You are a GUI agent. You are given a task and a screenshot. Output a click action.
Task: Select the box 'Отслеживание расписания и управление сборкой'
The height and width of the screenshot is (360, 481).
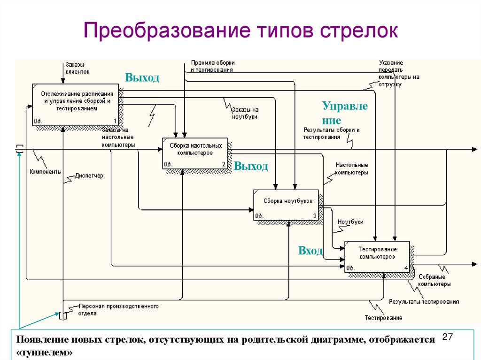[x=75, y=105]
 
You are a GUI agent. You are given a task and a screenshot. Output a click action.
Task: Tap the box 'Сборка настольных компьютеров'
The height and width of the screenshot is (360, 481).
[x=194, y=153]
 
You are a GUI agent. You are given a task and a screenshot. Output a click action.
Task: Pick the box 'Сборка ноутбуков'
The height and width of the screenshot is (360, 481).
[x=286, y=205]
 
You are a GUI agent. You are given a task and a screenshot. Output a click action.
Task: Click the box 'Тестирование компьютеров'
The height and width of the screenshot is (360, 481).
[x=377, y=256]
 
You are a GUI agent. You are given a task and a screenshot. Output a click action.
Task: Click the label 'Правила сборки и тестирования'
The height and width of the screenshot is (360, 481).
[x=212, y=66]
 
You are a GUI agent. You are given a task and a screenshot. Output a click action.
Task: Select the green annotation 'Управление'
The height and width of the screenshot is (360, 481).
[x=345, y=113]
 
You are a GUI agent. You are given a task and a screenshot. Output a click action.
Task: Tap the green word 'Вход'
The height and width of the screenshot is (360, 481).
[x=310, y=251]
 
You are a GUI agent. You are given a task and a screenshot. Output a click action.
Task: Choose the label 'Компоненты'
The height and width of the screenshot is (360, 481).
[x=46, y=172]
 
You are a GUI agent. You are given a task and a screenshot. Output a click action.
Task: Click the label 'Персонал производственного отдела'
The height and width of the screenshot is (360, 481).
[x=118, y=310]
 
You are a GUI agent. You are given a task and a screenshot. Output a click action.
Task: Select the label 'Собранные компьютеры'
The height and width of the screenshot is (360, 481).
[x=434, y=281]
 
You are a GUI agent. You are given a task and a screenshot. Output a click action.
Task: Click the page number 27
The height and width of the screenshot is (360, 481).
[x=447, y=337]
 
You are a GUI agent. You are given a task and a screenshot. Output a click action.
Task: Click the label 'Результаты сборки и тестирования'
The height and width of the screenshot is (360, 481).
[x=331, y=133]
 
